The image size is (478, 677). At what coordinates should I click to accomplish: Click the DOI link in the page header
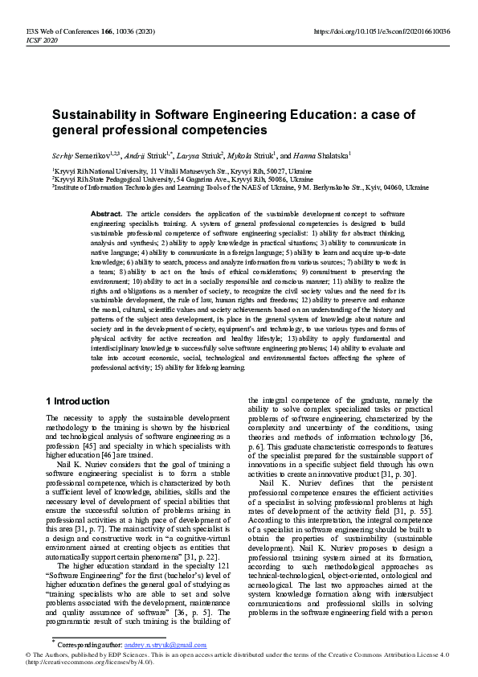click(381, 31)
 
